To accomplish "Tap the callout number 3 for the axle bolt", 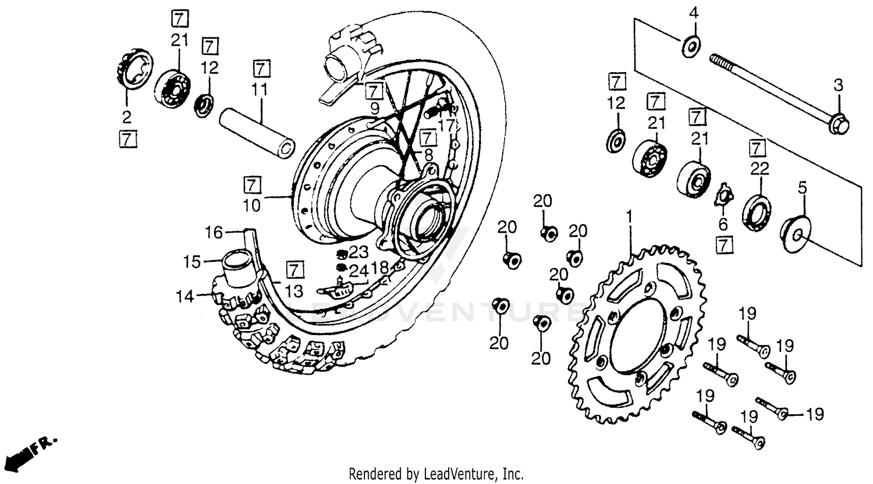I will click(837, 86).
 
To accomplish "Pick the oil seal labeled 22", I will click(757, 208).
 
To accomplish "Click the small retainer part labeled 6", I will click(722, 196).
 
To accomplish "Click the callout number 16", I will click(214, 233).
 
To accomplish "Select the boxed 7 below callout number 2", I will click(127, 139).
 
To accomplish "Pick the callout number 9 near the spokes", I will click(374, 108).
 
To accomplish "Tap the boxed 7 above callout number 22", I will click(756, 148).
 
